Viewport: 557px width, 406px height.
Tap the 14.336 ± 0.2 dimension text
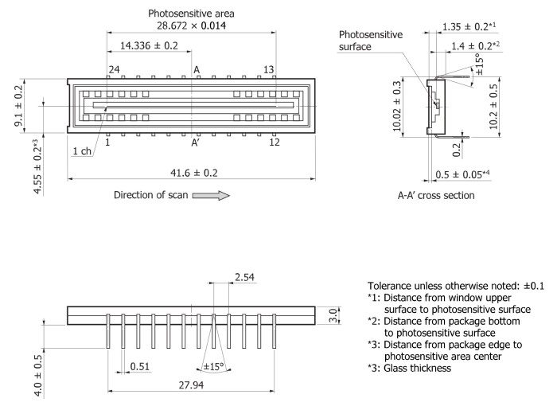149,46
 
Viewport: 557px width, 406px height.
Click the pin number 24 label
114,70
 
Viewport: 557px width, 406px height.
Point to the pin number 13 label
269,70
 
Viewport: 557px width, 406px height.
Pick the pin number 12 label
274,142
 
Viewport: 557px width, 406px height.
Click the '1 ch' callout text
81,151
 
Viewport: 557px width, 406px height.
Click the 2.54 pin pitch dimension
246,277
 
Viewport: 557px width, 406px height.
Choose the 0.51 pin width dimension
140,367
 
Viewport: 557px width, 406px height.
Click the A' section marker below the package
195,143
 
